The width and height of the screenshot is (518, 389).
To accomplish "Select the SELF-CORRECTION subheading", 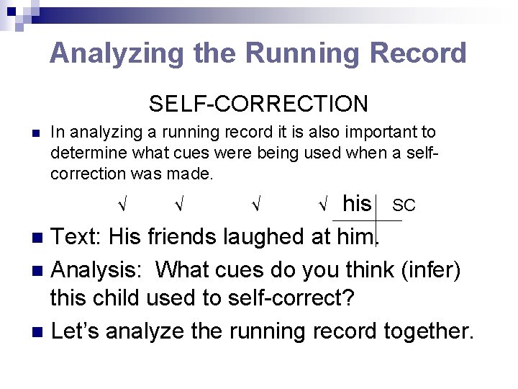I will pyautogui.click(x=258, y=104).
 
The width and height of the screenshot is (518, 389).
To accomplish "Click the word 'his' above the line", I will pyautogui.click(x=357, y=203).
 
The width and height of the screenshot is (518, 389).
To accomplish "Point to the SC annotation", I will pyautogui.click(x=404, y=206).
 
